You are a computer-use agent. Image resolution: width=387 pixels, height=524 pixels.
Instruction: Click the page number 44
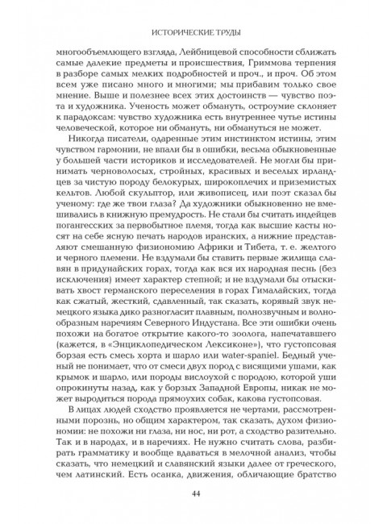point(193,494)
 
